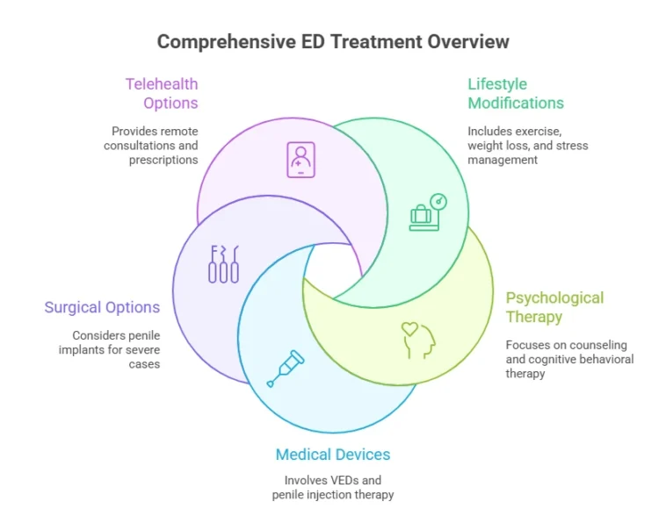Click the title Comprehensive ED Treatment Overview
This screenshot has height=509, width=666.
(x=332, y=41)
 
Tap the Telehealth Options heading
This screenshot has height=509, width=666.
(x=162, y=94)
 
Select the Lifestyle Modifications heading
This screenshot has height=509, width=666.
(x=516, y=94)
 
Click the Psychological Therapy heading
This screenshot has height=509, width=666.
(x=554, y=307)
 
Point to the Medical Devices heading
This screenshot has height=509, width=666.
(x=333, y=454)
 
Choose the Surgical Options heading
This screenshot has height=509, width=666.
(x=102, y=307)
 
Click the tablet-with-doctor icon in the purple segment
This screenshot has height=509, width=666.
(x=300, y=160)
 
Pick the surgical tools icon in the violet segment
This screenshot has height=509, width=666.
(x=223, y=263)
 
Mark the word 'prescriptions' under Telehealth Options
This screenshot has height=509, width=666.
(x=163, y=160)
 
